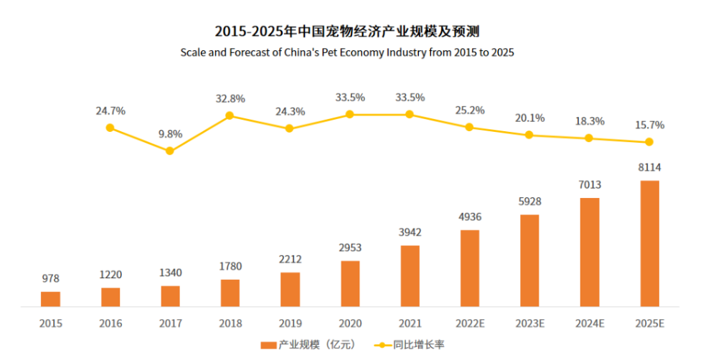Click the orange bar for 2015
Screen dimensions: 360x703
point(50,299)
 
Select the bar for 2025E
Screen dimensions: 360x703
point(649,243)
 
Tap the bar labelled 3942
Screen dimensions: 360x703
point(410,276)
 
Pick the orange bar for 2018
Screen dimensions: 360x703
point(230,293)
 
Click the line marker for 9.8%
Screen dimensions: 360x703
point(170,151)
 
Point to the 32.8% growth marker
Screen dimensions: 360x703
point(230,115)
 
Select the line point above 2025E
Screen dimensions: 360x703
point(649,142)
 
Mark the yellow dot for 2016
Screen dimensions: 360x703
point(110,128)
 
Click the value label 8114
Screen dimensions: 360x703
point(649,168)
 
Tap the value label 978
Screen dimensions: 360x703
point(50,278)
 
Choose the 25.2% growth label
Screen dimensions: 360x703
point(470,110)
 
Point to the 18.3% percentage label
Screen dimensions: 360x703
point(589,121)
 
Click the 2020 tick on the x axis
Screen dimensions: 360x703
point(350,323)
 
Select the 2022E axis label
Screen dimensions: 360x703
point(470,323)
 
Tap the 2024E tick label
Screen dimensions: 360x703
point(589,323)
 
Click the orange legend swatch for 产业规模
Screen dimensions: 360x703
point(268,345)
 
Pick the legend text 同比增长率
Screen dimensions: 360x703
point(418,345)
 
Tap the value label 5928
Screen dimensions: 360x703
point(529,202)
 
